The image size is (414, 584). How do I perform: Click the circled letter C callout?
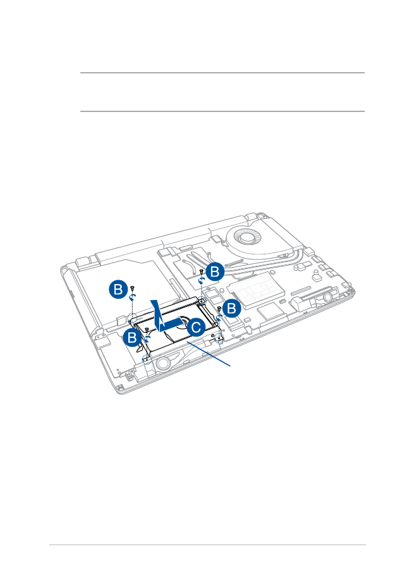[x=196, y=327]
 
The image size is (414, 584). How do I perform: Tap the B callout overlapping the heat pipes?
[x=215, y=272]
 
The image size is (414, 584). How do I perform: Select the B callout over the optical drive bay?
[x=118, y=289]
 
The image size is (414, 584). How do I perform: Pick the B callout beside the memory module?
[x=231, y=308]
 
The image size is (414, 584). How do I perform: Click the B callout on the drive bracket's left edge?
[x=133, y=337]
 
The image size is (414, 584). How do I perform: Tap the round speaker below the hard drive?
[x=162, y=364]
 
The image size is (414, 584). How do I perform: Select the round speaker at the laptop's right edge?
[x=328, y=297]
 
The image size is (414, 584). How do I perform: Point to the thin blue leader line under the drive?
[x=209, y=354]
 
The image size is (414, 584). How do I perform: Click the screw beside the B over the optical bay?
[x=133, y=288]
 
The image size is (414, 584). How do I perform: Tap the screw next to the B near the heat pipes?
[x=201, y=271]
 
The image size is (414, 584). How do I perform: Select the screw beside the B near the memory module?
[x=219, y=308]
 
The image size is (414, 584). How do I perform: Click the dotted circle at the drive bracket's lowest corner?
[x=147, y=358]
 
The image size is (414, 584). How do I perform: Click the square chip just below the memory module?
[x=271, y=312]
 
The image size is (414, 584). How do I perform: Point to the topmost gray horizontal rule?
[x=222, y=73]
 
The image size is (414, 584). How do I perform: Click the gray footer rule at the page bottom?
[x=207, y=545]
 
